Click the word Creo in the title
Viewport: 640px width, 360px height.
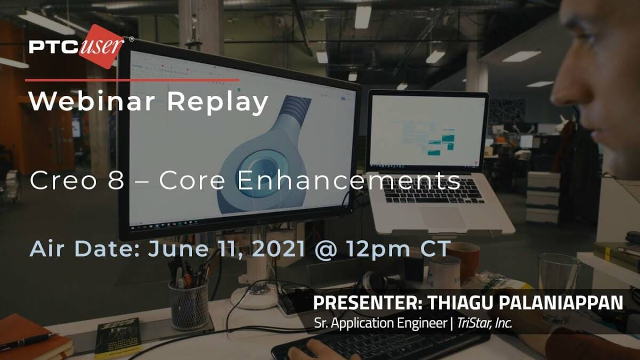tap(63, 181)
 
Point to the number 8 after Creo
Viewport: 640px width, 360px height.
tap(116, 181)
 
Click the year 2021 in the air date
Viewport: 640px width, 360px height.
tap(278, 249)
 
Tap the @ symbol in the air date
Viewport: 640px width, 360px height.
tap(325, 250)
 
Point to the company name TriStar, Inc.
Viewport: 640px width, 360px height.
tap(485, 323)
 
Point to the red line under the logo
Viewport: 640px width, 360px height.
tap(132, 81)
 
